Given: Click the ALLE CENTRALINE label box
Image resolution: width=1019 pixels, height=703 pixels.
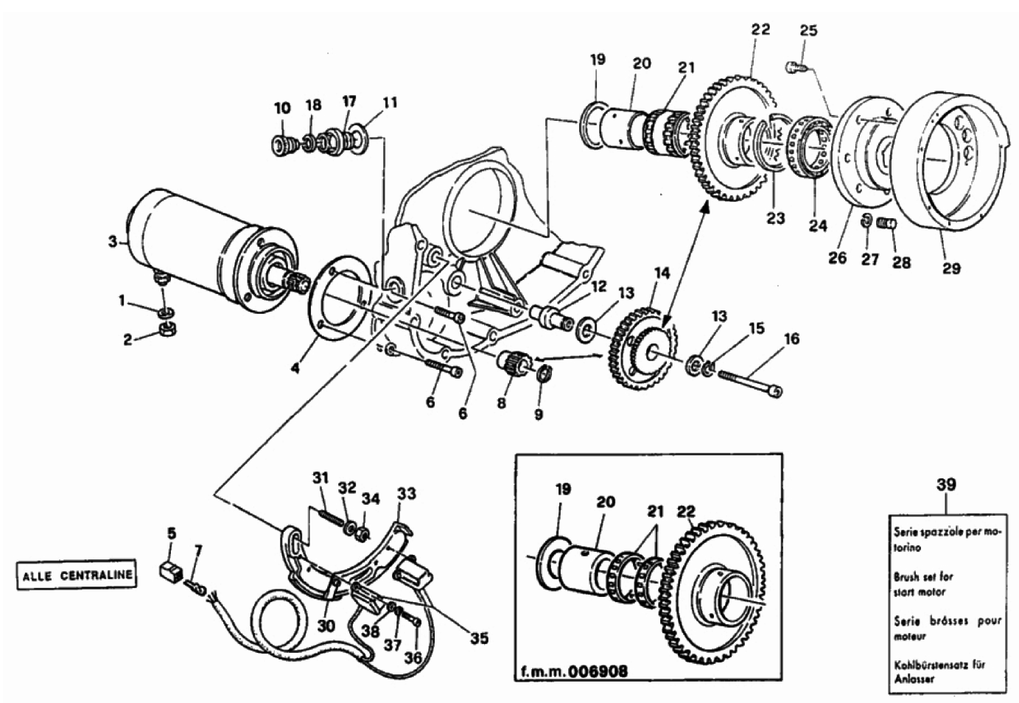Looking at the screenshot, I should (x=77, y=575).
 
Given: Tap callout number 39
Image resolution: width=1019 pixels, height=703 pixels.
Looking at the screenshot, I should (x=946, y=485).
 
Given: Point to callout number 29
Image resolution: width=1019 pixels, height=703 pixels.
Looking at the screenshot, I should (x=951, y=268).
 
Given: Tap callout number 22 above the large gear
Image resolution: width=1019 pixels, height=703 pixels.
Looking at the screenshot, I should (x=760, y=29).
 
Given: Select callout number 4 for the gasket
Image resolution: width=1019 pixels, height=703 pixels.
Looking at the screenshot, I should (x=295, y=367).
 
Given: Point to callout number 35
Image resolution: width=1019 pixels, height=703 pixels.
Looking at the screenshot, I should (x=479, y=638).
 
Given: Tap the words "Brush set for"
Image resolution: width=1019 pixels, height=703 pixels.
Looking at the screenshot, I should (x=923, y=577).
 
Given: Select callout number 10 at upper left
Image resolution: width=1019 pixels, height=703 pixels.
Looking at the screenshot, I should (x=282, y=108).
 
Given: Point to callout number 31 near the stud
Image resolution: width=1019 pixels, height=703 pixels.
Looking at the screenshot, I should (x=319, y=479).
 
